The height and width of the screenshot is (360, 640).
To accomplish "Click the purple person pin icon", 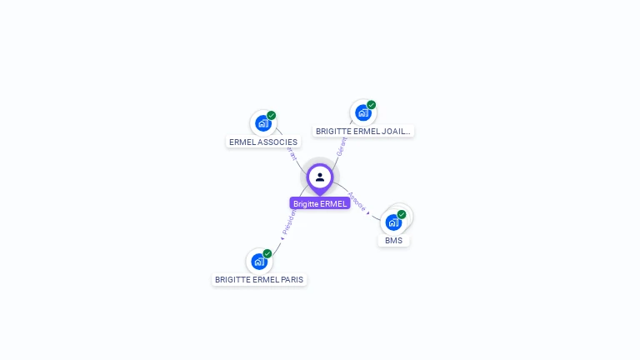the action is coord(320,177).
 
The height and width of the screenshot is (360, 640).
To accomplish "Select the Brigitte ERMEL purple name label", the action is coord(320,203).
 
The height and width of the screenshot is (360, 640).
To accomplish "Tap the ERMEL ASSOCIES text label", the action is coord(263,142).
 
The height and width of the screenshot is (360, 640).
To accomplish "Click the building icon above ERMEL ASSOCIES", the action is coord(262,123).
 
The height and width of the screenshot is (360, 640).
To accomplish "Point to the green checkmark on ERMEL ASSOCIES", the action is coord(271,116).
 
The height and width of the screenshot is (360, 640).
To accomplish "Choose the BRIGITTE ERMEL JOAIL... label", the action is coord(363,131).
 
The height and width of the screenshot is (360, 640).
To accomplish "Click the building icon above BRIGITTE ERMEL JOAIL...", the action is coord(362,112).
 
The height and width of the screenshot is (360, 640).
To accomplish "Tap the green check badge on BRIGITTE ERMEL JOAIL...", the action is coord(371,105).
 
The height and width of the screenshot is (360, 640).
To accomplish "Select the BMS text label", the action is coord(394,241).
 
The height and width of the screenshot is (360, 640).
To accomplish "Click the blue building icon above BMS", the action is coord(393,222).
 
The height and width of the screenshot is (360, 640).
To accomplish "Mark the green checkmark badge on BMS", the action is coord(402,215).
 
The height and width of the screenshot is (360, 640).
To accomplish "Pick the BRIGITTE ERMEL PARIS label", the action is coord(259,279).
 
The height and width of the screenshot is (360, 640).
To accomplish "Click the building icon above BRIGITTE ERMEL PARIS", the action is coord(259,262).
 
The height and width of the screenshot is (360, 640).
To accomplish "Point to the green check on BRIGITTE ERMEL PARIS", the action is coord(267,253).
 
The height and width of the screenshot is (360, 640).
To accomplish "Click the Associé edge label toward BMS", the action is coord(357,202).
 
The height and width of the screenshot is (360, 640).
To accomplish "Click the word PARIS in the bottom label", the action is coord(291,279).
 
